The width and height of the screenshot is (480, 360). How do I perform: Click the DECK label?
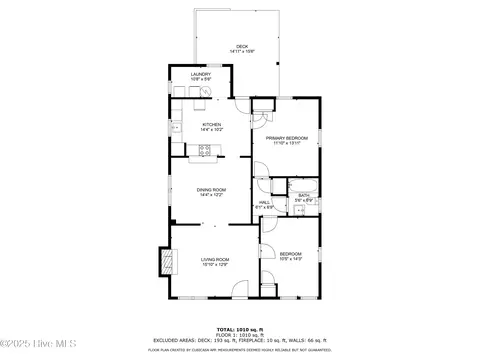point(240,46)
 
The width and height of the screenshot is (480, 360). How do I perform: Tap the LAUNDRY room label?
point(201,74)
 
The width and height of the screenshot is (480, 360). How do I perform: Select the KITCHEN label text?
point(210,125)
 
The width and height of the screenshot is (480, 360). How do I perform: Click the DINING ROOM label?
point(211,189)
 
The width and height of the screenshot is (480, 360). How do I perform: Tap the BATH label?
point(303,196)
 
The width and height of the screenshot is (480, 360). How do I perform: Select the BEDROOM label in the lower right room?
point(291,254)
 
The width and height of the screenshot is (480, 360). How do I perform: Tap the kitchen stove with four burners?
point(207,152)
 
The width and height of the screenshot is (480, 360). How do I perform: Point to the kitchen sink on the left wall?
point(174,127)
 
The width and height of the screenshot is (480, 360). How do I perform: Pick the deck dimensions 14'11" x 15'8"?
point(240,51)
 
